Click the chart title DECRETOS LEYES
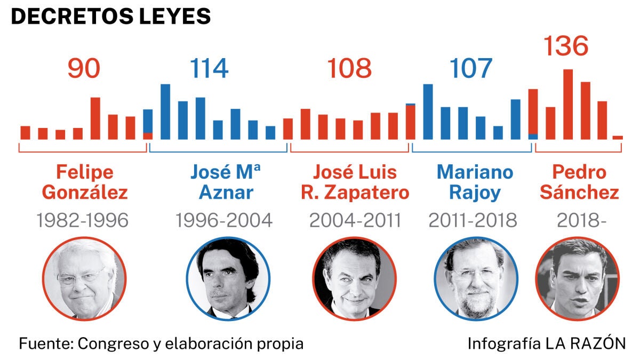pyautogui.click(x=111, y=17)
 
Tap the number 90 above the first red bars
pyautogui.click(x=84, y=68)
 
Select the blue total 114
pyautogui.click(x=209, y=68)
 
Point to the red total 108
pyautogui.click(x=349, y=68)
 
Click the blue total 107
pyautogui.click(x=470, y=68)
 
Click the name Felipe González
pyautogui.click(x=85, y=182)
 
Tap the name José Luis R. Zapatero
pyautogui.click(x=355, y=182)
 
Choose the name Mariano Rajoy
pyautogui.click(x=475, y=182)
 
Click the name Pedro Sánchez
pyautogui.click(x=579, y=182)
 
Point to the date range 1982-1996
pyautogui.click(x=83, y=220)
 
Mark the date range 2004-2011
pyautogui.click(x=355, y=220)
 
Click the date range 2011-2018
pyautogui.click(x=473, y=220)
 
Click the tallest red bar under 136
pyautogui.click(x=568, y=105)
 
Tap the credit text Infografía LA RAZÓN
pyautogui.click(x=547, y=343)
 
